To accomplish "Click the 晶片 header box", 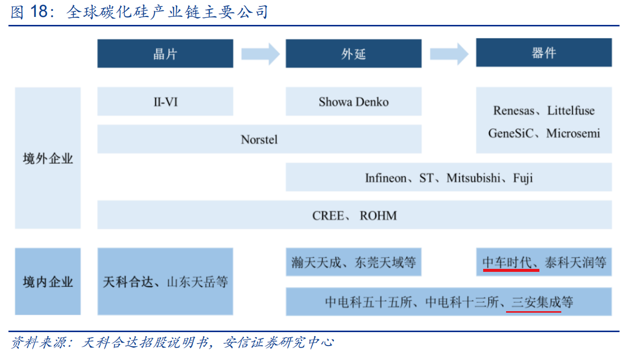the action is [x=165, y=53].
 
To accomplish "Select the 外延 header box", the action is [x=353, y=53].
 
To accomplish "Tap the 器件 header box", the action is [x=544, y=53].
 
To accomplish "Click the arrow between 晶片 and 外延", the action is [x=260, y=54].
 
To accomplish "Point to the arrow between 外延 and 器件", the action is [x=449, y=54].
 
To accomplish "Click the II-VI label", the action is [x=166, y=102].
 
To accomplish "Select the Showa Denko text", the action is [x=353, y=102].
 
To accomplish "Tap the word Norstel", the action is [x=259, y=139].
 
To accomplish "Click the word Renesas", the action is [x=514, y=111].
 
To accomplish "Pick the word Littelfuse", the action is [x=571, y=111].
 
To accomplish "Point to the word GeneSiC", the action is [x=511, y=133].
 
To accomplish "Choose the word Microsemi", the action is [x=573, y=133].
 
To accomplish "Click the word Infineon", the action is [x=386, y=178].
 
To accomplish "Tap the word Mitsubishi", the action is [x=473, y=178].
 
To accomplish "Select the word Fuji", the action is [x=523, y=178].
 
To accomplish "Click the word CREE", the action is [x=328, y=216].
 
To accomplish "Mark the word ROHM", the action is [x=378, y=216].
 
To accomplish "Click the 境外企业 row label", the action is [x=48, y=159].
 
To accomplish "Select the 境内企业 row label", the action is [x=48, y=282].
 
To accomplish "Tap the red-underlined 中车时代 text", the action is [x=507, y=262].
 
